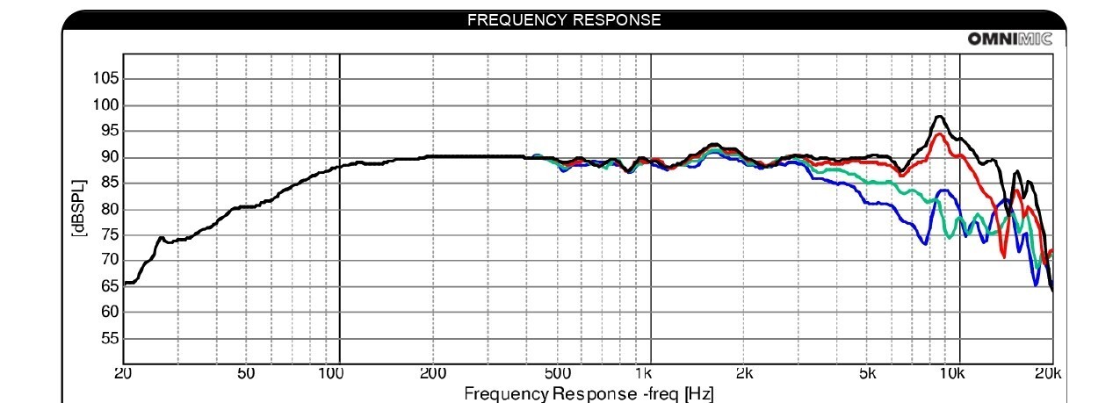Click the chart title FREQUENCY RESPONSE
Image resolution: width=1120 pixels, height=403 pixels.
click(x=563, y=20)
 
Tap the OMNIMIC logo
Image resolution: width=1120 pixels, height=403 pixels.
click(x=1010, y=39)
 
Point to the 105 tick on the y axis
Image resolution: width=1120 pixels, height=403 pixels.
click(x=106, y=78)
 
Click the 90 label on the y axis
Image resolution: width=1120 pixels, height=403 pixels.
click(x=111, y=157)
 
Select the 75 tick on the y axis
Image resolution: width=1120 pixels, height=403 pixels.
click(x=111, y=235)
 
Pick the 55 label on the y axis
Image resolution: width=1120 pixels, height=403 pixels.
click(x=111, y=339)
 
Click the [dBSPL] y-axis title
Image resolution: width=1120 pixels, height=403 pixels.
click(x=79, y=208)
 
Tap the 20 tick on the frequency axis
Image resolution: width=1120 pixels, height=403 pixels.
click(x=123, y=373)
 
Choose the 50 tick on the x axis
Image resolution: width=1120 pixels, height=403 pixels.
click(x=246, y=373)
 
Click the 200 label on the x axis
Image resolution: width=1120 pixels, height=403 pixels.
click(x=432, y=373)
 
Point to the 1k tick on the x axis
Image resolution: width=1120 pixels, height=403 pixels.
click(x=644, y=373)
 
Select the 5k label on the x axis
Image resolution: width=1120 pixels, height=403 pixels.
click(x=868, y=373)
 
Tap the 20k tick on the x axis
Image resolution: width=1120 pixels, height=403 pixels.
click(x=1047, y=373)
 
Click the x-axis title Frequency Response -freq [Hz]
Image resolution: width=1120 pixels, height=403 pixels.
click(x=589, y=394)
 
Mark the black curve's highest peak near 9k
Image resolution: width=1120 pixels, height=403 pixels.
click(x=940, y=117)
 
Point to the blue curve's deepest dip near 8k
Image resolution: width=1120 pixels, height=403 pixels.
click(x=925, y=243)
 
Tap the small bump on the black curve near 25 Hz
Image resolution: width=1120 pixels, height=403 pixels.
click(x=161, y=238)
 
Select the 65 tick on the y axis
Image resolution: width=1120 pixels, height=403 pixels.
click(x=111, y=286)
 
